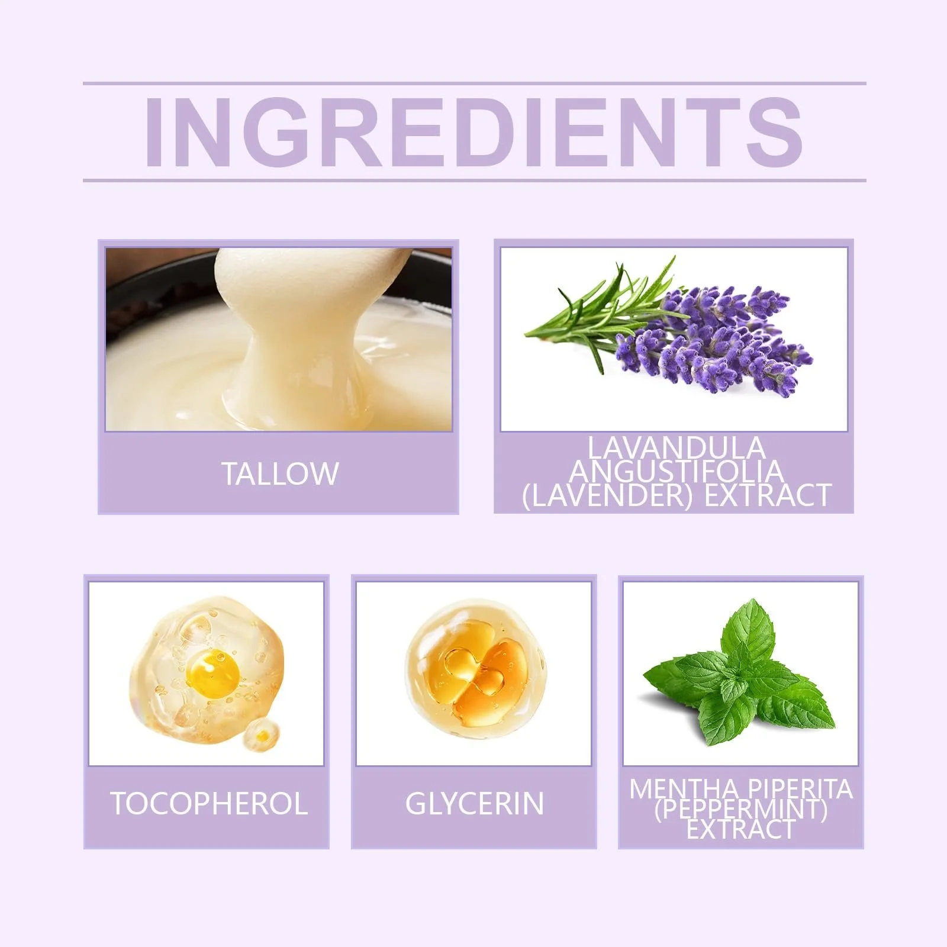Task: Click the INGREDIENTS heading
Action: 473,131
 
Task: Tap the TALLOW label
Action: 280,474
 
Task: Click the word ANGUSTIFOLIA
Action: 677,471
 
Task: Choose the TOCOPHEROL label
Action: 209,804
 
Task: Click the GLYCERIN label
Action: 475,804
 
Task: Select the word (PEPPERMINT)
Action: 740,809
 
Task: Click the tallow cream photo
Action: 279,339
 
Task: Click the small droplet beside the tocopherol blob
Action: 260,735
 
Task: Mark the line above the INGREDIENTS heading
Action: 474,83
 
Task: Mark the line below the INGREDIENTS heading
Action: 474,179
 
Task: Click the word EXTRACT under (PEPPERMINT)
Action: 740,829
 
